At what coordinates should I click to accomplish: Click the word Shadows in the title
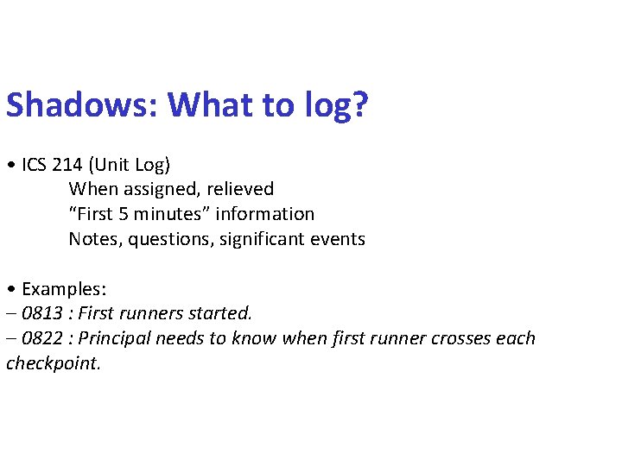click(83, 105)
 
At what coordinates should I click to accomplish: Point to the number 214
click(74, 164)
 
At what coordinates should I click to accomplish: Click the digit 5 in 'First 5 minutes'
click(124, 214)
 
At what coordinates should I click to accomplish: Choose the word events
click(339, 239)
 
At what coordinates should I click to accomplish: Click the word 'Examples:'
click(64, 288)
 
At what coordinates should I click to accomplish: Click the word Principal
click(114, 338)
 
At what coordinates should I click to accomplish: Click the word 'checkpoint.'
click(54, 363)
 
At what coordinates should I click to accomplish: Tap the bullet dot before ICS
click(10, 165)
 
